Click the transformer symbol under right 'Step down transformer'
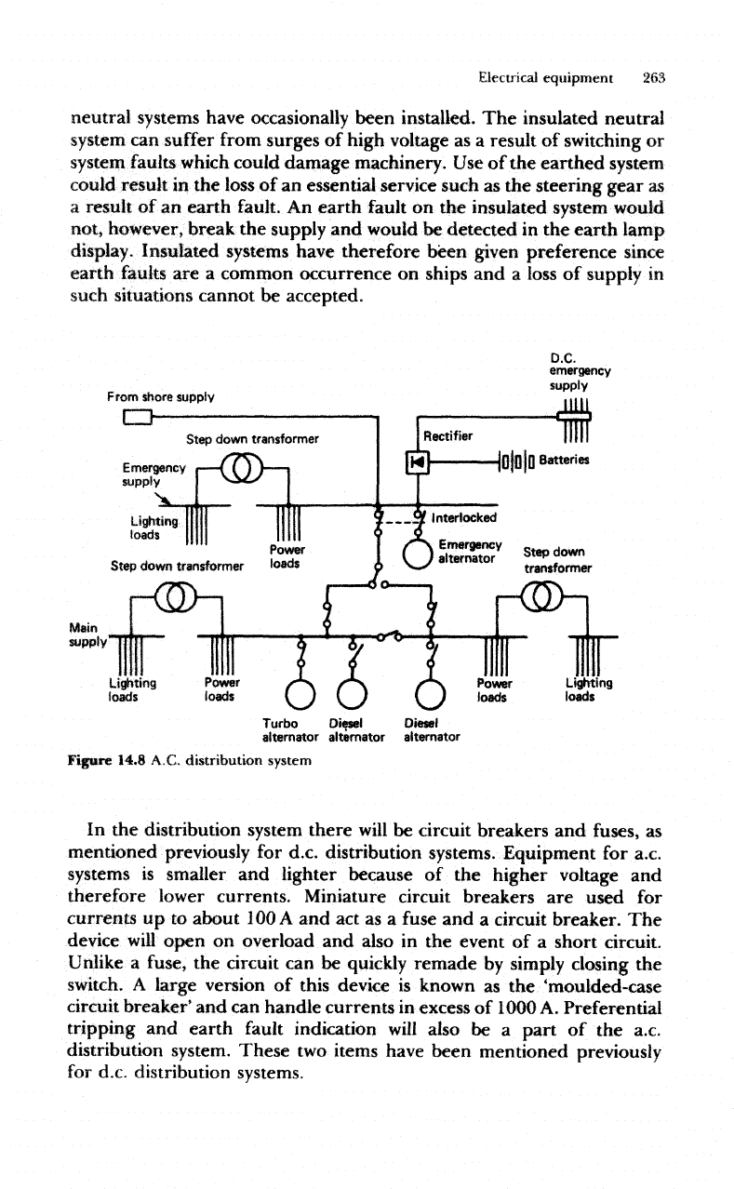541,594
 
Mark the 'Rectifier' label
448,434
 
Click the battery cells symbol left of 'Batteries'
518,461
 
